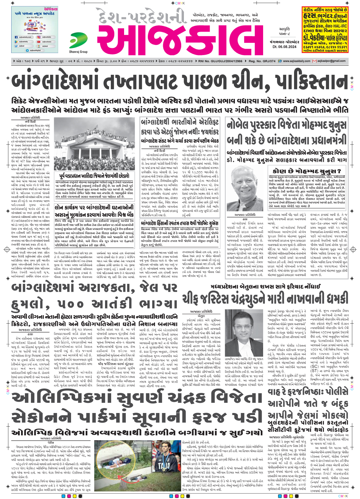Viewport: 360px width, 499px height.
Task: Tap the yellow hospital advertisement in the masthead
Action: point(325,30)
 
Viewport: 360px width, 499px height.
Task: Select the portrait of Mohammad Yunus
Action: point(244,184)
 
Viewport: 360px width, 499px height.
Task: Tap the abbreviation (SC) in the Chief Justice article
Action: point(315,367)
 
